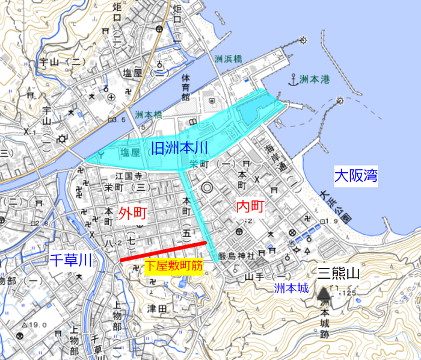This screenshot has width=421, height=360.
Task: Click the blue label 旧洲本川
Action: (x=179, y=147)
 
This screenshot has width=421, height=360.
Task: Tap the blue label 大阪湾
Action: (x=355, y=176)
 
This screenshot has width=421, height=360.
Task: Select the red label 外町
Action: (x=133, y=212)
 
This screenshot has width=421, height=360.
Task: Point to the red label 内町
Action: (x=249, y=207)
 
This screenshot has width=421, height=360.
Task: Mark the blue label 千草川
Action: (x=70, y=260)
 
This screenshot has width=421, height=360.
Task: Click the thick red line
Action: (x=164, y=251)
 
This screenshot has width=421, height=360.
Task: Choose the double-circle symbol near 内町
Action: (x=207, y=188)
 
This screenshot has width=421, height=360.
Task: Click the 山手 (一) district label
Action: (x=254, y=275)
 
